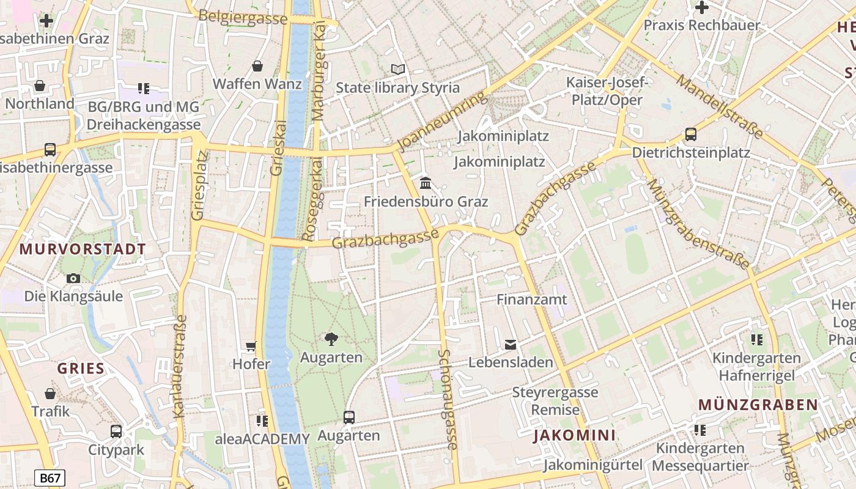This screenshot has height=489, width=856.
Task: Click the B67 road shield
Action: coord(50,478)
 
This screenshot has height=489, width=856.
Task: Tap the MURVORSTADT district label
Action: coord(83,249)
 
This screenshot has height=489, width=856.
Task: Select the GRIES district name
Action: coord(81,369)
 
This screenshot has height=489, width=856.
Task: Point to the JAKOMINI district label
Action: coord(574,435)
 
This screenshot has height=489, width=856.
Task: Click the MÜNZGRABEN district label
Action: coord(758,405)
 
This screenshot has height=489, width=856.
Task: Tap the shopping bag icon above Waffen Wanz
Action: coord(257,66)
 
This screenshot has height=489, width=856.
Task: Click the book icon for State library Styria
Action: coord(398,70)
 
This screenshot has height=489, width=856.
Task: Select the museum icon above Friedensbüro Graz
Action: coord(426,183)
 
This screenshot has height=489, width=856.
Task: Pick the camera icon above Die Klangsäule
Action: coord(73,279)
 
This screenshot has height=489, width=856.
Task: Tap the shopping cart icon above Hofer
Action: coord(251,347)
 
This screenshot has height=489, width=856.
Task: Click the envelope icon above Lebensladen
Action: coord(511,345)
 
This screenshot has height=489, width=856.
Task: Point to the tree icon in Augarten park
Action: coord(331,339)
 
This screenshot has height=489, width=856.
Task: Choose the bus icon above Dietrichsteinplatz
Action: coord(691,134)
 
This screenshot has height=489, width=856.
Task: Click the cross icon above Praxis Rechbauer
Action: coord(702,8)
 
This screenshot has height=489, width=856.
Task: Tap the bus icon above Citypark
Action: coord(116,432)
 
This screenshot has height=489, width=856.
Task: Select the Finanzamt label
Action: coord(531,300)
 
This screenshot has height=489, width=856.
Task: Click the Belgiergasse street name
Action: coord(243,17)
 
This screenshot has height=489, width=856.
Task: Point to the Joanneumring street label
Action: coord(442,120)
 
